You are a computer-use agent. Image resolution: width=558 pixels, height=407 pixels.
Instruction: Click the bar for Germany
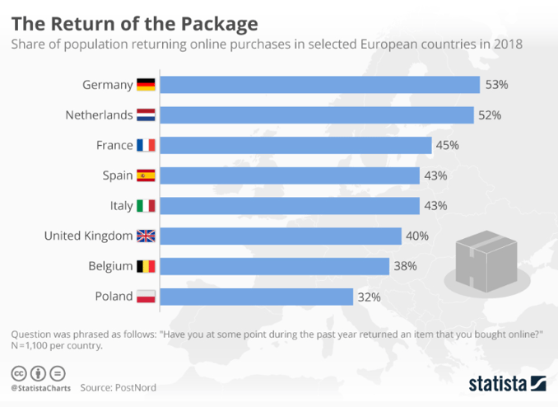(x=319, y=85)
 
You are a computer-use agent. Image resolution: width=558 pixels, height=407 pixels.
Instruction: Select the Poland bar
(x=256, y=297)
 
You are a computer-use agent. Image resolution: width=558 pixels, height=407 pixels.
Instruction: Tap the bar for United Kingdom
(x=280, y=236)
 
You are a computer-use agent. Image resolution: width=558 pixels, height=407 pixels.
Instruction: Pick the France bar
(x=295, y=146)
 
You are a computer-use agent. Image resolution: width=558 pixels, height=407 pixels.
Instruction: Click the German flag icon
(x=146, y=85)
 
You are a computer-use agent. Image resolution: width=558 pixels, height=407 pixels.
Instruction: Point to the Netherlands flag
(x=146, y=115)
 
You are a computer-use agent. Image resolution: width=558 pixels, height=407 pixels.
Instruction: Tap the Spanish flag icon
(x=146, y=175)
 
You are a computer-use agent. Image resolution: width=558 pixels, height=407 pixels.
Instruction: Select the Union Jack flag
(x=146, y=236)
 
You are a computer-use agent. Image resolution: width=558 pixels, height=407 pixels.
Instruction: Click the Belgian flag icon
(x=146, y=266)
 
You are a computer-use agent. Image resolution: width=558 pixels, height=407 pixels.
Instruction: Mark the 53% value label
(x=497, y=85)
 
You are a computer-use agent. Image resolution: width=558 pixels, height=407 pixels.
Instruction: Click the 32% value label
(x=370, y=297)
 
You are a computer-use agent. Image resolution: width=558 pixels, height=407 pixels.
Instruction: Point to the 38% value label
(x=406, y=266)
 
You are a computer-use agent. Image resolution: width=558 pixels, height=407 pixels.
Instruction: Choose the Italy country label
(x=117, y=206)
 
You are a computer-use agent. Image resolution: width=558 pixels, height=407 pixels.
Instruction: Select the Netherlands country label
(x=99, y=115)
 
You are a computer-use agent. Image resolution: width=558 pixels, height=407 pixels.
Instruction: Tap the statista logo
(x=507, y=383)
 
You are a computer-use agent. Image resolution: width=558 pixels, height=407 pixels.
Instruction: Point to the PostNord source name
(x=135, y=387)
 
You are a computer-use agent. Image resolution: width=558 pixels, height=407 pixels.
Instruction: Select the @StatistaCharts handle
(x=40, y=387)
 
